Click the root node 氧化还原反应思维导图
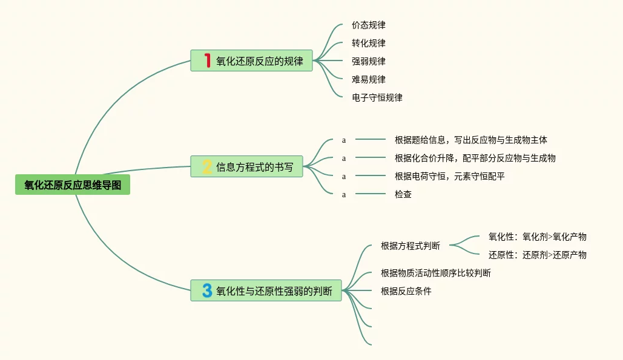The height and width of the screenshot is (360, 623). pyautogui.click(x=73, y=185)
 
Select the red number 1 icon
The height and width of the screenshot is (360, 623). pyautogui.click(x=207, y=61)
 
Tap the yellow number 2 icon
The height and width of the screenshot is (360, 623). pyautogui.click(x=207, y=167)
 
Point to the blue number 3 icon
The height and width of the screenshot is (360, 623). pyautogui.click(x=207, y=290)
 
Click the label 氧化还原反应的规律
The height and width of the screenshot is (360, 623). pyautogui.click(x=259, y=61)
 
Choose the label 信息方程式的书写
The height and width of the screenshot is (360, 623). pyautogui.click(x=254, y=167)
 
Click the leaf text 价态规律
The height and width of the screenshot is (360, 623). pyautogui.click(x=368, y=25)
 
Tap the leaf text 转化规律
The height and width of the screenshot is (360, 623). pyautogui.click(x=368, y=43)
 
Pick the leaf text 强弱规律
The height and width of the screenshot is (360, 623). pyautogui.click(x=368, y=61)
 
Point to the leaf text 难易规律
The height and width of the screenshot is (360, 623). pyautogui.click(x=368, y=79)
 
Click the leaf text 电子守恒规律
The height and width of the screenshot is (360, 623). pyautogui.click(x=377, y=97)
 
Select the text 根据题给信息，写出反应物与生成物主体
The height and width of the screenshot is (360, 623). pyautogui.click(x=470, y=140)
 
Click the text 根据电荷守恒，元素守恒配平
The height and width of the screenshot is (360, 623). pyautogui.click(x=449, y=176)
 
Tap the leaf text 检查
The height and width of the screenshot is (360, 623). pyautogui.click(x=403, y=194)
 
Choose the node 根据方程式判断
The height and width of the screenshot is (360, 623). pyautogui.click(x=410, y=246)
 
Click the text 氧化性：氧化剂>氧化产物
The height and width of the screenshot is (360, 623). pyautogui.click(x=537, y=237)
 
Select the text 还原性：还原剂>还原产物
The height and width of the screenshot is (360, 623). pyautogui.click(x=537, y=255)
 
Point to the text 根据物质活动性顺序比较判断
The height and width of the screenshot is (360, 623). pyautogui.click(x=435, y=273)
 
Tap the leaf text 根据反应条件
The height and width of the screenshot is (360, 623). pyautogui.click(x=406, y=291)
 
